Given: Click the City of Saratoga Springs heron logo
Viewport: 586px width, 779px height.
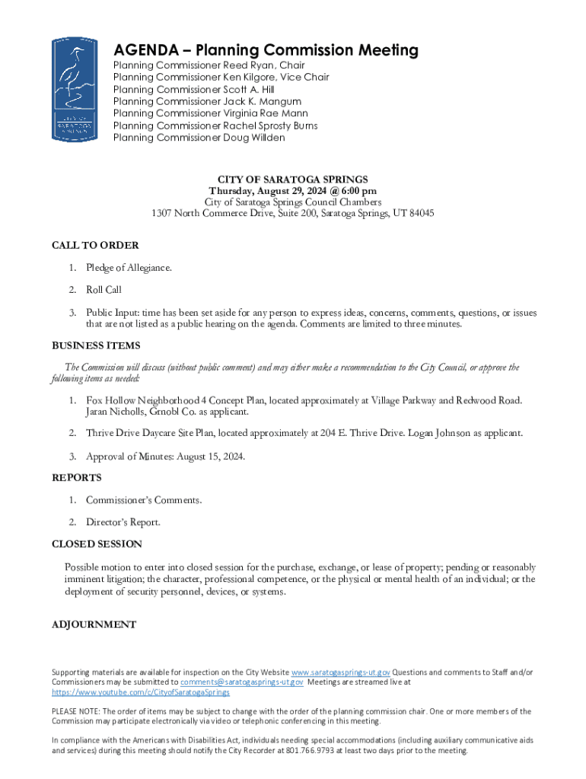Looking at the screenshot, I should point(74,91).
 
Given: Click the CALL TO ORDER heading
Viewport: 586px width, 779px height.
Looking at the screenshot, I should point(95,245).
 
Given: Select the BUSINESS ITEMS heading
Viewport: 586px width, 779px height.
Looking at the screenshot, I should point(96,345).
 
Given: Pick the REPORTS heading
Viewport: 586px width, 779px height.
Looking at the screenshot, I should point(76,478).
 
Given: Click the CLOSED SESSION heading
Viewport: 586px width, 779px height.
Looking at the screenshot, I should point(97,544).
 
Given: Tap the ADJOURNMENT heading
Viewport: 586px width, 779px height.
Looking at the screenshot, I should point(94,625).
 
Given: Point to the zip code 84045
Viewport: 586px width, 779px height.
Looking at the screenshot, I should point(419,214).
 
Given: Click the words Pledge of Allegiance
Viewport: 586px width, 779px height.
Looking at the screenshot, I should point(129,268).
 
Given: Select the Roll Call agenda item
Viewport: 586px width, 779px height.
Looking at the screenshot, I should point(104,290).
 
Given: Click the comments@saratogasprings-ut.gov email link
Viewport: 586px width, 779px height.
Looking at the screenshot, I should point(236,682).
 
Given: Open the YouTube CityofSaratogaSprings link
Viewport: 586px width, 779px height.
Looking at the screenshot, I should point(141,692).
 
